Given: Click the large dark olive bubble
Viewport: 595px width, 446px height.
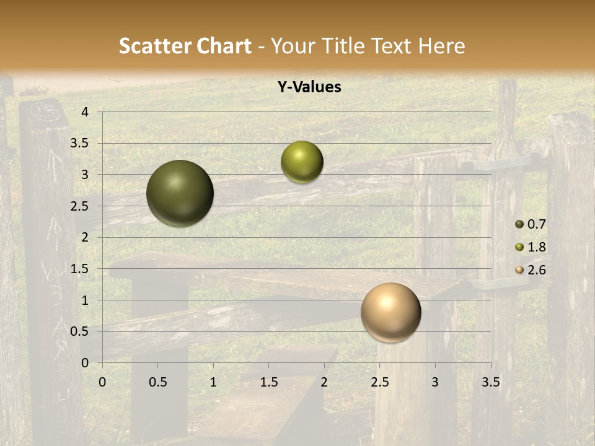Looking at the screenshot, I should point(180,193).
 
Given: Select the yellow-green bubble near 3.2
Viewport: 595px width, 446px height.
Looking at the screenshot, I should point(302,162).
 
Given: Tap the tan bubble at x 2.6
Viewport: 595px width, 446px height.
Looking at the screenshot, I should point(390,312).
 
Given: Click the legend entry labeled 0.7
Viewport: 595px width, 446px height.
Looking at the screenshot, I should point(531,224).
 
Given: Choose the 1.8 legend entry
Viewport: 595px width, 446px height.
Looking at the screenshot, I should point(531,247).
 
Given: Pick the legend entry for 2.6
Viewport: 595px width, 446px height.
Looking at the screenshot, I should point(531,270).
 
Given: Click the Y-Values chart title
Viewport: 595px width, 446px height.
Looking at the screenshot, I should point(309,87).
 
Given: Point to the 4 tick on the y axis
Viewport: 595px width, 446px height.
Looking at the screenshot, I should point(85,112).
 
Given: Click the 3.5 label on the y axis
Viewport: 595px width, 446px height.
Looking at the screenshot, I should point(80,143).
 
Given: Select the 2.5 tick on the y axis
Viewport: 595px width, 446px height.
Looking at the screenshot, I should point(80,206).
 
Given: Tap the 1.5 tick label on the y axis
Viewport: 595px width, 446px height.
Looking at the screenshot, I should point(80,269).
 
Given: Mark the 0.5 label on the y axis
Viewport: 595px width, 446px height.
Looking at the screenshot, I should point(80,331).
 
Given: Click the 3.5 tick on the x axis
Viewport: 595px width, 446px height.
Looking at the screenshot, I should point(490,382).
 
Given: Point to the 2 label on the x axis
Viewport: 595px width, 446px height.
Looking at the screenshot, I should point(324,382).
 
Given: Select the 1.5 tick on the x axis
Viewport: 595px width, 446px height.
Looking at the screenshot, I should point(268,382).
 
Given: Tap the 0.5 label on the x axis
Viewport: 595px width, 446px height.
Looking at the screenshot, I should point(157,382).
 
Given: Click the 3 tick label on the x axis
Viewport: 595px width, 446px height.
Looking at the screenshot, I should point(435,382).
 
